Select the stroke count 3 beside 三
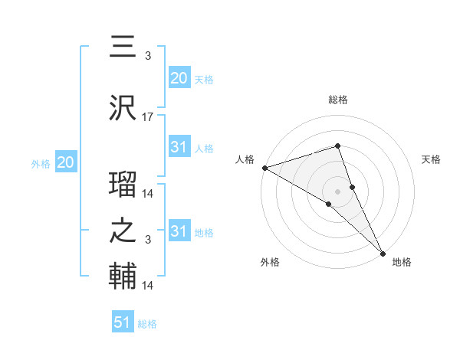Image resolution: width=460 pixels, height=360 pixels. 148,56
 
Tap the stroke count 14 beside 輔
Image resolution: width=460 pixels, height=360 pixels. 148,286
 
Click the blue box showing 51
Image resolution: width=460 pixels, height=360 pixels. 123,322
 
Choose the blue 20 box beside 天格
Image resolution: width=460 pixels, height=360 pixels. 179,77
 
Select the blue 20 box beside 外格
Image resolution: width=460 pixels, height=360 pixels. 65,162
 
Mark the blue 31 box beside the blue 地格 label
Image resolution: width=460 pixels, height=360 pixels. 179,231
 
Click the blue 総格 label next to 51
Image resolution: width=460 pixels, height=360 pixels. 147,324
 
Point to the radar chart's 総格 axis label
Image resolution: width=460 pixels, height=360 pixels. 337,100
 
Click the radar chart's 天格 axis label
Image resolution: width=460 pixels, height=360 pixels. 432,159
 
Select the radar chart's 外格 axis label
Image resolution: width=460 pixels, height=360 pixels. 270,262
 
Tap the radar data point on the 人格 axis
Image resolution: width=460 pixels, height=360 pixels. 264,168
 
